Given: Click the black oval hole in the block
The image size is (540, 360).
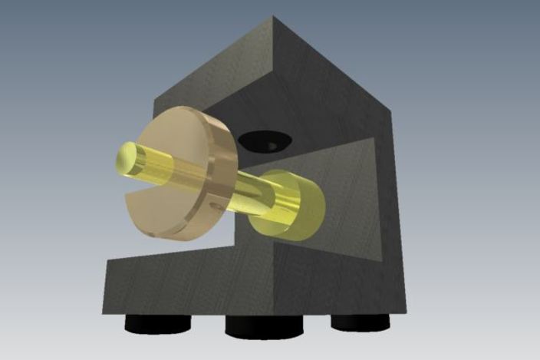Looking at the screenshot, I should pos(262,140).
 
